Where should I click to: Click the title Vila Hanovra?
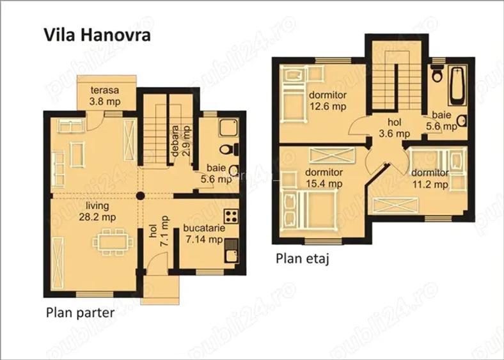point(97,35)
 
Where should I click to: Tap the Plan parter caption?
point(80,313)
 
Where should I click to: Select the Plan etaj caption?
point(303,259)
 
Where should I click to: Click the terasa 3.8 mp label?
point(105,96)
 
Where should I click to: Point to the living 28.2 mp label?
point(97,211)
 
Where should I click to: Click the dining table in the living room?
point(113,242)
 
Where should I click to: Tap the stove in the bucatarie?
point(232,216)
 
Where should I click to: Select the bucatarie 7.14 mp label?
point(204,233)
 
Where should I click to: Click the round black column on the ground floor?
point(140,196)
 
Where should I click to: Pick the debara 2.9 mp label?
point(181,141)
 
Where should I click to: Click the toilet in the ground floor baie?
point(229,150)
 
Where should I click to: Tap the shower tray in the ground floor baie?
point(228,128)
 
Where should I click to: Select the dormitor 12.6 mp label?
point(327,100)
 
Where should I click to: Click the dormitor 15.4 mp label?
point(324,178)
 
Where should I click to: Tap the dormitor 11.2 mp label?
point(430,178)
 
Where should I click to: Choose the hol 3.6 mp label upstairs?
point(395,128)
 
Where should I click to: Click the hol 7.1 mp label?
point(159,231)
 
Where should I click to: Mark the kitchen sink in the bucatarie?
point(232,251)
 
